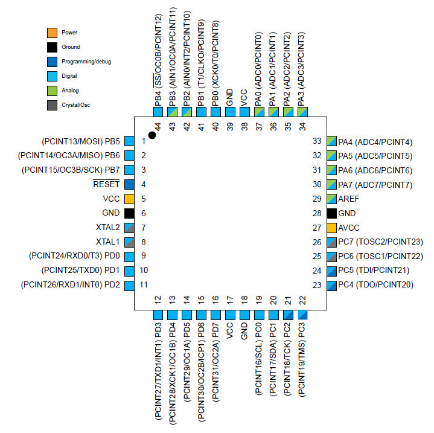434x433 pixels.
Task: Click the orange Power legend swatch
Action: [52, 32]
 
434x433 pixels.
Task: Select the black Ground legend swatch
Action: [52, 47]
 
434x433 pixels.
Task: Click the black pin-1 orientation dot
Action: [152, 135]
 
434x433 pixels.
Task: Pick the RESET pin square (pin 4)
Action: [129, 184]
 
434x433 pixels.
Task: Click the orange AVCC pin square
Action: [331, 228]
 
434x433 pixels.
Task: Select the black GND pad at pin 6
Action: [129, 213]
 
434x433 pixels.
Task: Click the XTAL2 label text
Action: [107, 228]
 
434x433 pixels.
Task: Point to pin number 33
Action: [316, 141]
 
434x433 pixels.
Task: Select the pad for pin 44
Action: [158, 112]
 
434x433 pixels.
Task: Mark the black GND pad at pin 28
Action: [331, 213]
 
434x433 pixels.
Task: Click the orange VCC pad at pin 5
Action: [129, 199]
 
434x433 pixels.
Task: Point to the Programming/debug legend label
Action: [86, 61]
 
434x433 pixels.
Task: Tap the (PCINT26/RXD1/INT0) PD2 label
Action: [71, 284]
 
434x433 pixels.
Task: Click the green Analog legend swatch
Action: [52, 90]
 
